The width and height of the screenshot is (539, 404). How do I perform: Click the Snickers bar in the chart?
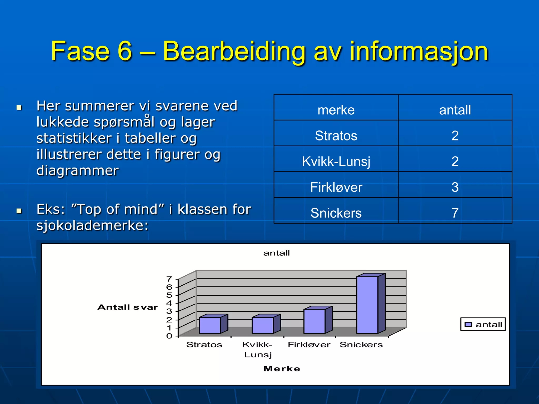coord(367,305)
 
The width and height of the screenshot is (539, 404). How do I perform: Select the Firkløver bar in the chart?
coord(315,321)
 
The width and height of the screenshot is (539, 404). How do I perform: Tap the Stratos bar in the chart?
coord(210,325)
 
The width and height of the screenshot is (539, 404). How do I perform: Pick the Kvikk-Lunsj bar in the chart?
coord(263,325)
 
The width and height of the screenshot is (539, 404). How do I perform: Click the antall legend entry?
coord(483,324)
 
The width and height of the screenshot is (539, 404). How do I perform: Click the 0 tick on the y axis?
coord(169,336)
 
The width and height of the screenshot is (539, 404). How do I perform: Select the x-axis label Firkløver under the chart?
coord(309,345)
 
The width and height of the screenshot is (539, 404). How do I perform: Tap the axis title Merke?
coord(282,369)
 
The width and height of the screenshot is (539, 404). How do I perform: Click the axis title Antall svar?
coord(128,307)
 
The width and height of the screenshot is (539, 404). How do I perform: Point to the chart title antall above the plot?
coord(276,253)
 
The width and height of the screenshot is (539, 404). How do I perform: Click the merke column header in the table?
coord(336,110)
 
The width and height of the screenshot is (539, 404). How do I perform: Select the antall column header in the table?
coord(455,110)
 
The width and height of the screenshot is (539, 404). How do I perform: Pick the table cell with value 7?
coord(455,213)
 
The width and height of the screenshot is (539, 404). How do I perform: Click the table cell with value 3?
coord(455,187)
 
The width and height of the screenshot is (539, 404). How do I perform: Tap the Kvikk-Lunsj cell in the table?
coord(336,161)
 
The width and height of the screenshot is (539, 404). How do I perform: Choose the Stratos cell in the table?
coord(336,135)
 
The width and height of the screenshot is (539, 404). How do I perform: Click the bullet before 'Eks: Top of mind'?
coord(19,211)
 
